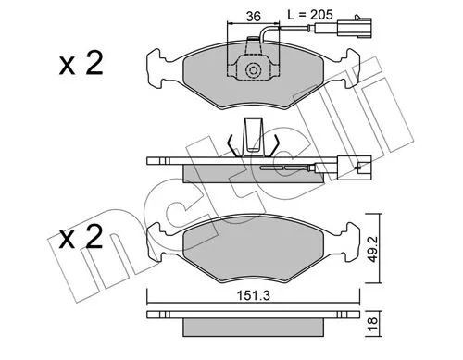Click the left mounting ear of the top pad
coord(157,65)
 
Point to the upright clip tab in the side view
coord(250,137)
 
